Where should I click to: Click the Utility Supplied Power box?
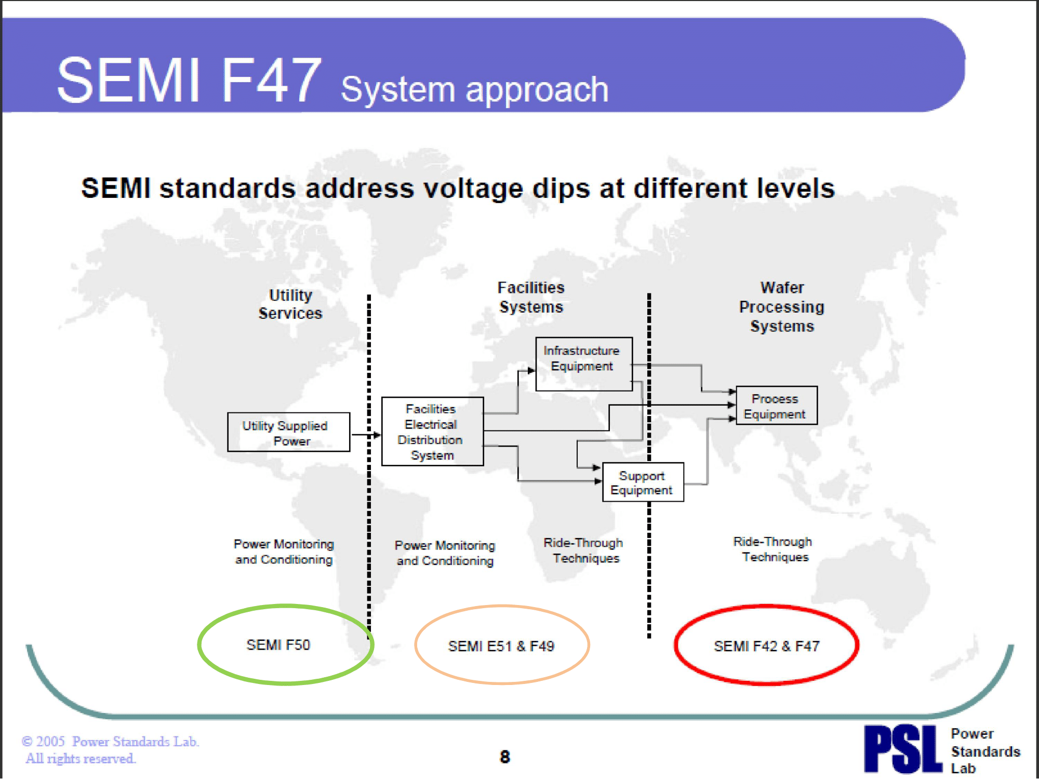point(288,432)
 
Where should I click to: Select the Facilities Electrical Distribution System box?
point(432,432)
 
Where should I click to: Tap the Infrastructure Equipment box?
point(583,364)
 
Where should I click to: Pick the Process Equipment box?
point(776,406)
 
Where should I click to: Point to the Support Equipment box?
point(643,482)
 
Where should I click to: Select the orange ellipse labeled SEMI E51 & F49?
point(501,646)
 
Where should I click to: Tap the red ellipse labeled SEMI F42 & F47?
point(766,646)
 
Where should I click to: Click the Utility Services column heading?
point(290,304)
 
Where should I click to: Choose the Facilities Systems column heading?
point(531,297)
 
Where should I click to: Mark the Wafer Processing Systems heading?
point(782,306)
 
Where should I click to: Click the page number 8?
point(504,757)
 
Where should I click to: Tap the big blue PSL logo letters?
point(903,749)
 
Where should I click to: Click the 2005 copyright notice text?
point(110,749)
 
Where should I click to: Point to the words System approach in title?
point(474,89)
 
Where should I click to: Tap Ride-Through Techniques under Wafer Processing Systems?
point(773,549)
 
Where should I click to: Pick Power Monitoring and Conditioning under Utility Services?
point(284,552)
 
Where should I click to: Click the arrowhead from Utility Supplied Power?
point(377,435)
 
